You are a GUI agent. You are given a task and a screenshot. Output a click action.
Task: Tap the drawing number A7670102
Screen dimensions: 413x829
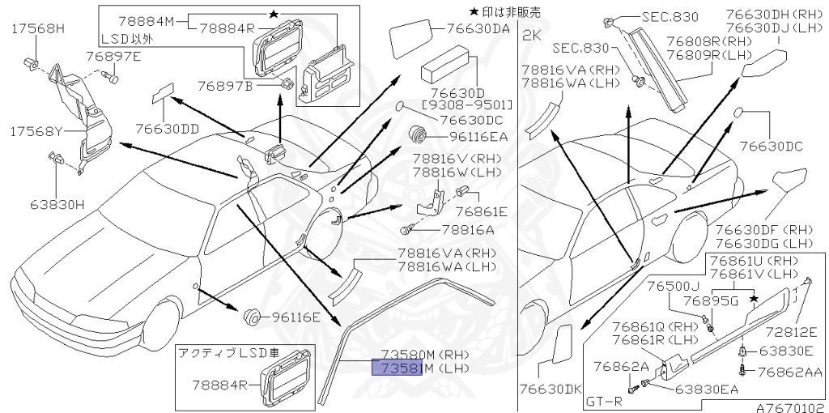tap(791, 407)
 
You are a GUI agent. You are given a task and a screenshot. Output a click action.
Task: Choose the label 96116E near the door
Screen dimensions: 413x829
tap(296, 317)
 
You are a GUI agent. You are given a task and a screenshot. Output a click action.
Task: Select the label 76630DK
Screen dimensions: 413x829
tap(551, 389)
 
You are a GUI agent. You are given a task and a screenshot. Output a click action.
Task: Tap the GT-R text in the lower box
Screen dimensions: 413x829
tap(603, 401)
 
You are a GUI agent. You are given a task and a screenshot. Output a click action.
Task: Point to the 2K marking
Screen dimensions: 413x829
tap(532, 36)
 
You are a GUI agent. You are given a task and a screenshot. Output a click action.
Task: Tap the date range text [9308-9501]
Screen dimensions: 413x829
tap(466, 104)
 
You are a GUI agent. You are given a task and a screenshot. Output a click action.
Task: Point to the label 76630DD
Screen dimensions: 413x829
tap(168, 128)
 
